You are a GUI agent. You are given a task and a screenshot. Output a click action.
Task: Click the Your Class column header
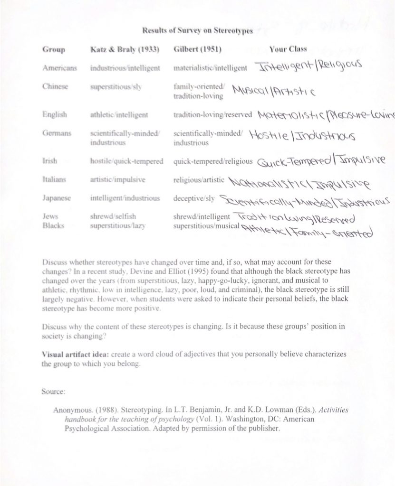click(x=288, y=49)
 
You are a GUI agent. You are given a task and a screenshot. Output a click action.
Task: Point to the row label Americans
click(x=60, y=68)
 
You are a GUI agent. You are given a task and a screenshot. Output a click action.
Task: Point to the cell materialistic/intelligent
click(x=210, y=68)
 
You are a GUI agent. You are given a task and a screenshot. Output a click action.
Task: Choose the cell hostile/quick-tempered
click(x=126, y=161)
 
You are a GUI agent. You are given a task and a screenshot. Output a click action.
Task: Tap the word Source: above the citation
click(x=53, y=392)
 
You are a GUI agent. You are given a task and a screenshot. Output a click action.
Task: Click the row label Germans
click(x=57, y=133)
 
